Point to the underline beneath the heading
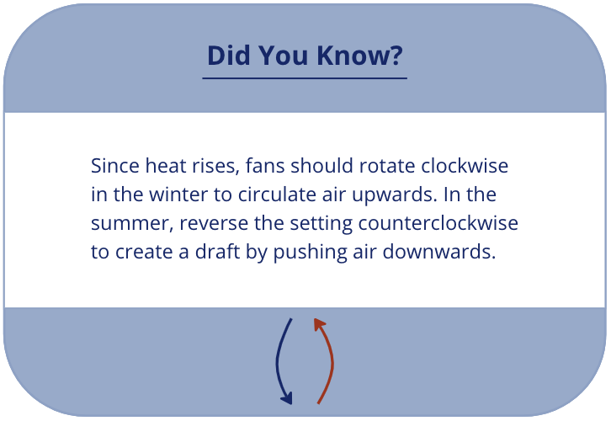(305, 78)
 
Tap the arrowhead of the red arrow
(317, 322)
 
